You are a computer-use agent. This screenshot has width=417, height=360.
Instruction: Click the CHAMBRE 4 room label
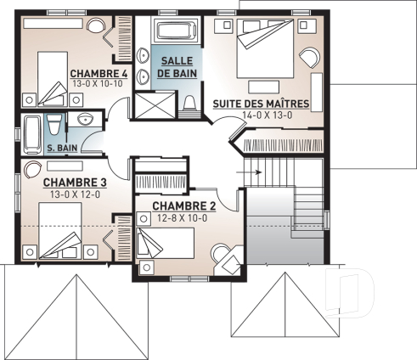(x=99, y=74)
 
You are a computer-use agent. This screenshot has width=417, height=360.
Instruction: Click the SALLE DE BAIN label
(x=178, y=65)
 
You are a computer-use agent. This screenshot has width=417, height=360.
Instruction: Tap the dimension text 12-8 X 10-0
(x=181, y=218)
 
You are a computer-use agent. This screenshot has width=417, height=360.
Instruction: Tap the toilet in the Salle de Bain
(x=189, y=104)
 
